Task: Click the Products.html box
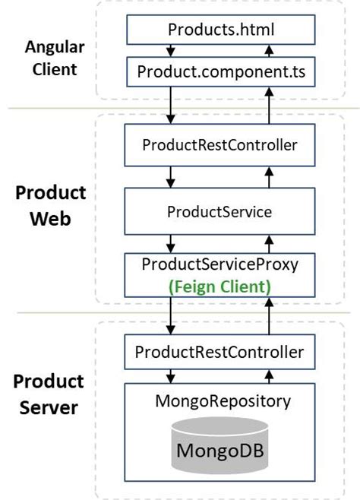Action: point(221,30)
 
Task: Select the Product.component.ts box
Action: point(221,71)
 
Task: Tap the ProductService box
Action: point(219,211)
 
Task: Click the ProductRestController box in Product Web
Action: point(219,145)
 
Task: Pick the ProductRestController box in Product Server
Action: point(219,352)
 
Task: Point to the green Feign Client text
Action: point(219,286)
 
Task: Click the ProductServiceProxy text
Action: point(219,264)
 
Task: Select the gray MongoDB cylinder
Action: point(219,445)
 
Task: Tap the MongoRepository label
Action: point(223,401)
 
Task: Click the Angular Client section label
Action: point(55,58)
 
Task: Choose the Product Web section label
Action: point(51,206)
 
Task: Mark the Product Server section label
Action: point(49,394)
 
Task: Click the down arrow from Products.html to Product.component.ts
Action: point(171,51)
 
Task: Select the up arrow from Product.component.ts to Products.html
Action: point(269,51)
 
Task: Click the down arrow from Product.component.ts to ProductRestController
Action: point(171,105)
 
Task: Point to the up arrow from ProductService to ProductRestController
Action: point(269,177)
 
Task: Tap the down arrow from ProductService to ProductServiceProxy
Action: point(171,244)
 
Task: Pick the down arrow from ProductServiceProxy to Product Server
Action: point(171,315)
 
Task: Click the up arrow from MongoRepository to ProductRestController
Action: point(269,377)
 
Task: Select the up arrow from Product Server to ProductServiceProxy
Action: point(269,315)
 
